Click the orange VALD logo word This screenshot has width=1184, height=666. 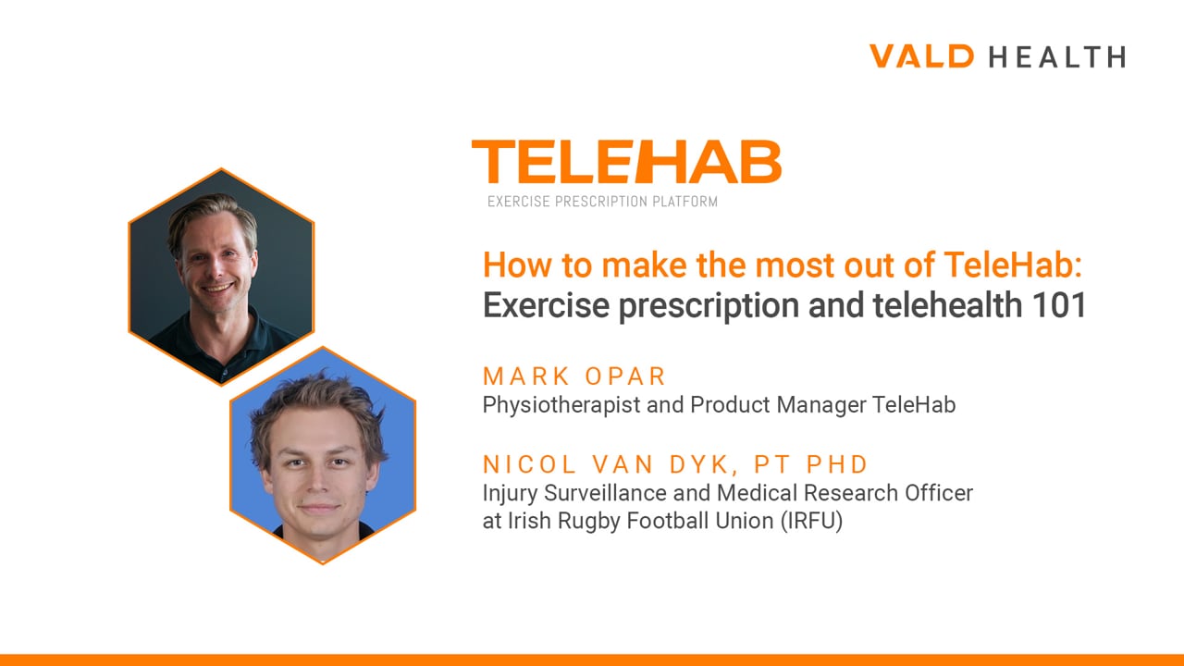click(x=921, y=56)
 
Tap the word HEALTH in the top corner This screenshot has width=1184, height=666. click(x=1057, y=56)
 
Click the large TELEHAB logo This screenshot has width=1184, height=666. click(x=626, y=162)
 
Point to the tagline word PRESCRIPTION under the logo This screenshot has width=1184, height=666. click(x=601, y=202)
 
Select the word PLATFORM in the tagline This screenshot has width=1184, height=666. click(x=685, y=202)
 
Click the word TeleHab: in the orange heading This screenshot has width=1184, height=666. click(x=1013, y=265)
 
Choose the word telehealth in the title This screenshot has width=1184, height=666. click(x=946, y=305)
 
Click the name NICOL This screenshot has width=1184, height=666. click(x=528, y=464)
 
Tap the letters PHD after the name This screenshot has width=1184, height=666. click(x=837, y=464)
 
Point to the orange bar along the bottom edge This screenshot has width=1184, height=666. click(x=592, y=660)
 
